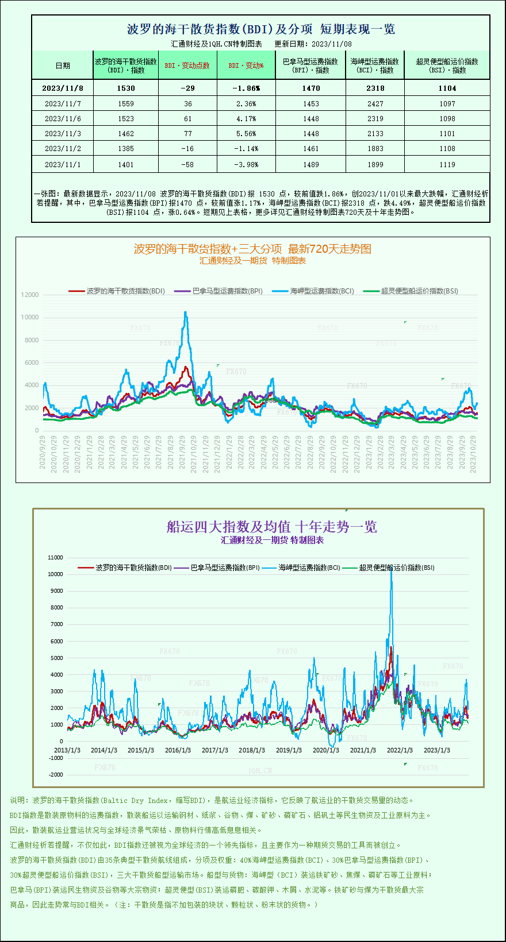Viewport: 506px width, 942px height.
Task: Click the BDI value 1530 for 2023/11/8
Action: pos(125,88)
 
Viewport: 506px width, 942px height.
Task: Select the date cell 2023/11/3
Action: pos(63,133)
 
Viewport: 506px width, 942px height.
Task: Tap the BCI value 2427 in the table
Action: pos(375,103)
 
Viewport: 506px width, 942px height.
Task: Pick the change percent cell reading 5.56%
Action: pos(246,133)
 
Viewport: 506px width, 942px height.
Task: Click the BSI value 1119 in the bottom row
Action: pos(447,164)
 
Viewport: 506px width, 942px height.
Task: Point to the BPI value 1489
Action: pos(310,164)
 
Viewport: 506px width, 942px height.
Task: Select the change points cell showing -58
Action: pos(187,164)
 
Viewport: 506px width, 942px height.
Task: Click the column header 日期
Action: pos(63,65)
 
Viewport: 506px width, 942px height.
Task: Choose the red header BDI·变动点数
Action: pos(187,65)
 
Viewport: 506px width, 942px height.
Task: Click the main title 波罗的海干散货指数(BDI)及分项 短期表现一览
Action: pos(260,29)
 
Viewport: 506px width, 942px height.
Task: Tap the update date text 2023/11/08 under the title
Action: pos(332,44)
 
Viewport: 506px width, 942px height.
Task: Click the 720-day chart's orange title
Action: pos(252,249)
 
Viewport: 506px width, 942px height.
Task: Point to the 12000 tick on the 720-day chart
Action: pos(30,295)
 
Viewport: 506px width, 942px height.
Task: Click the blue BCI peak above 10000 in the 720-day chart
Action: pos(185,313)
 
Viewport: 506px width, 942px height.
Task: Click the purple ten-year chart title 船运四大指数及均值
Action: pos(271,527)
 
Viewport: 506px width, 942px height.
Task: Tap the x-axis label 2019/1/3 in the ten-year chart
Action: pos(289,750)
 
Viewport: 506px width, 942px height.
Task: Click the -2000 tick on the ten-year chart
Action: pos(56,774)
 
